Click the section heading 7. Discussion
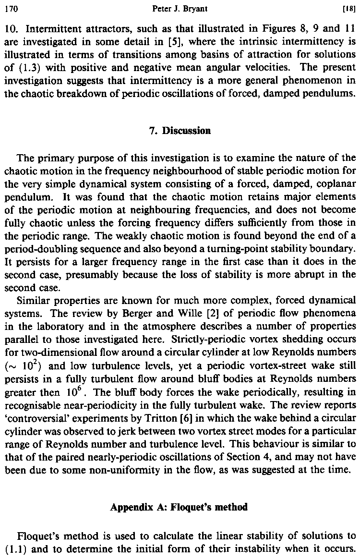coord(180,130)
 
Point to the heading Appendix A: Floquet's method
coord(179,507)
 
